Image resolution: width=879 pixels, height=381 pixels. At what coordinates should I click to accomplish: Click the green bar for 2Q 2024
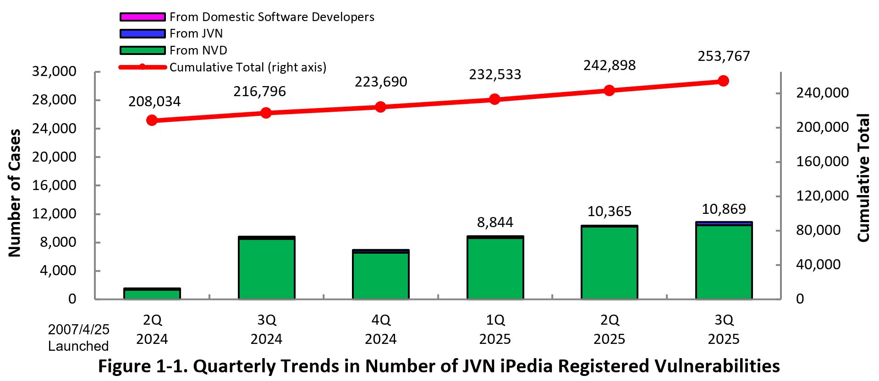(x=152, y=294)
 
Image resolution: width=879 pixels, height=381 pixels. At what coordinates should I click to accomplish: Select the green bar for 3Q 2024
(x=266, y=269)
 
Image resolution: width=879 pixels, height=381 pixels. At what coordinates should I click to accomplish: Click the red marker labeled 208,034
(x=152, y=120)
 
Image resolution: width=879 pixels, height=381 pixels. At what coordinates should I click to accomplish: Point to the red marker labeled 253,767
(x=723, y=81)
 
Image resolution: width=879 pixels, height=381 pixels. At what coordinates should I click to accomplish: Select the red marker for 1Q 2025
(x=494, y=99)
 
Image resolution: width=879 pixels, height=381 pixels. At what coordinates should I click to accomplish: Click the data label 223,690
(x=380, y=82)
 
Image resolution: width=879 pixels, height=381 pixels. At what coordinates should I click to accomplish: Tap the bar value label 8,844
(x=495, y=223)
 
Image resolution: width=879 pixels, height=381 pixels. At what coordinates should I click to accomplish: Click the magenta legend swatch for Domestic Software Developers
(x=143, y=17)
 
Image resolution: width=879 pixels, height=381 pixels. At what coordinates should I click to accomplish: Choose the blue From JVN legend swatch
(x=143, y=33)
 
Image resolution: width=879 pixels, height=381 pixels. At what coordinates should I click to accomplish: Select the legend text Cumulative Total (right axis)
(x=248, y=67)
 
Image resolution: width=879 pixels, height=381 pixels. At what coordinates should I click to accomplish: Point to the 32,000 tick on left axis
(x=54, y=71)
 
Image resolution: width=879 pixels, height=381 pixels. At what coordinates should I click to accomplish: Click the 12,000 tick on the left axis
(x=54, y=214)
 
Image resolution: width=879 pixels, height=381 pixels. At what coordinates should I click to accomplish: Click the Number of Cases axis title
(x=15, y=192)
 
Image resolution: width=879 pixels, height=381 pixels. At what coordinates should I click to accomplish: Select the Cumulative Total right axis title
(x=863, y=178)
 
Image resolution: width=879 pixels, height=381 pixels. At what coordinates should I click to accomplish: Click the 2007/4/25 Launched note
(x=78, y=337)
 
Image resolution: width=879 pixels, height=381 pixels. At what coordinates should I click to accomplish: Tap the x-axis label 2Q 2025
(x=609, y=329)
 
